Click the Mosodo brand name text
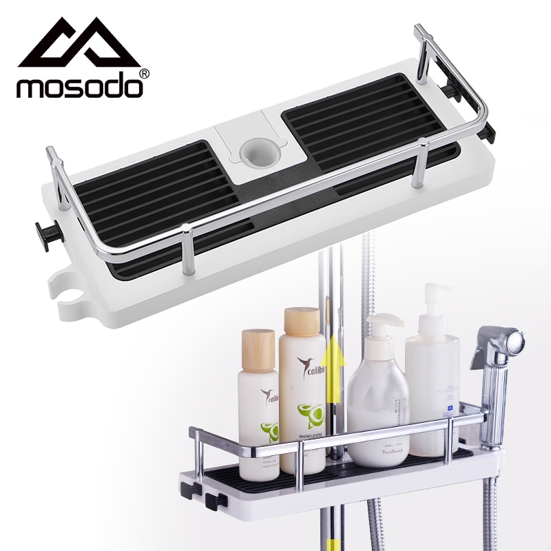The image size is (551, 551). click(x=80, y=87)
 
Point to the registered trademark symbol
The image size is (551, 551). click(x=144, y=72)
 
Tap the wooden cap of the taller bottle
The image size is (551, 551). click(x=302, y=322)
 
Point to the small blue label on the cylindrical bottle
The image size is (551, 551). click(x=449, y=410)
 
